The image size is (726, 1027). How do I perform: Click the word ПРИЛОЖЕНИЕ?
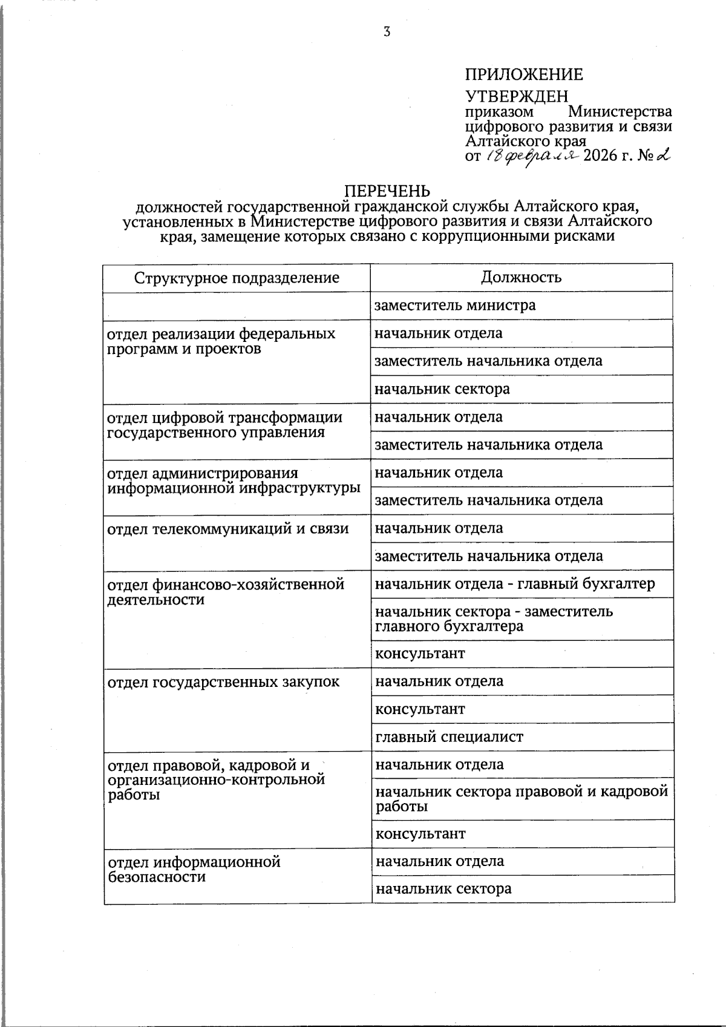[x=524, y=75]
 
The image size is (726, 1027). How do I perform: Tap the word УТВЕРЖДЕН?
[x=517, y=96]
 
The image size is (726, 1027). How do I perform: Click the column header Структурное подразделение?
[x=237, y=278]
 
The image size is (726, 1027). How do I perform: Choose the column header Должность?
[x=521, y=277]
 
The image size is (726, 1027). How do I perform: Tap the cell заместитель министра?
[x=455, y=306]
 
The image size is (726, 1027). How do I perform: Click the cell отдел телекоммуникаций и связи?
[x=228, y=529]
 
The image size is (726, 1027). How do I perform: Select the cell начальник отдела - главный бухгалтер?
[x=515, y=584]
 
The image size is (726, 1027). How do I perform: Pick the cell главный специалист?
[x=449, y=737]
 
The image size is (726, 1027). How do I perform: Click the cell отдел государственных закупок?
[x=223, y=683]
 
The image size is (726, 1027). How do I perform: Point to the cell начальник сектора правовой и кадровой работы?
[x=521, y=798]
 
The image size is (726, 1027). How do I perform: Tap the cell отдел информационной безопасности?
[x=194, y=869]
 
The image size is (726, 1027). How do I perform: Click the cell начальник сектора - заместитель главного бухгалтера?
[x=494, y=618]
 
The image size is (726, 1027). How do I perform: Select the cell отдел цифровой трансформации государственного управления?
[x=224, y=425]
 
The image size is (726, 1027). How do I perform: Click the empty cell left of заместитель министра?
[x=237, y=306]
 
